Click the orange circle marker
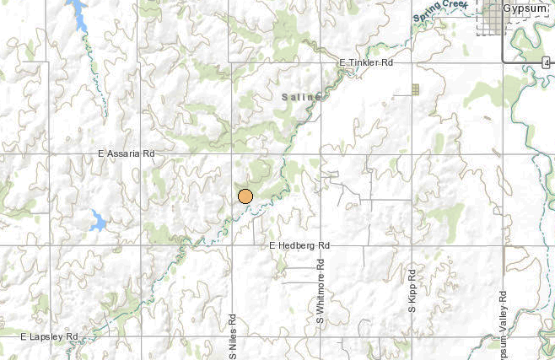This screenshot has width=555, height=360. [x=245, y=196]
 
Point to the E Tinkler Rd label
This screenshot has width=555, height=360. [x=368, y=62]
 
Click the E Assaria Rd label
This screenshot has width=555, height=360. [x=127, y=154]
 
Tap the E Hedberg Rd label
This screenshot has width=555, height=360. [x=299, y=245]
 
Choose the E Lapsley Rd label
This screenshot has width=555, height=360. [x=50, y=336]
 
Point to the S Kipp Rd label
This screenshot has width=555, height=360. [x=412, y=290]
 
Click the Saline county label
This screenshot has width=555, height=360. [x=302, y=98]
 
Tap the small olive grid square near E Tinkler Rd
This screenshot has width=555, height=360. [x=414, y=89]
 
